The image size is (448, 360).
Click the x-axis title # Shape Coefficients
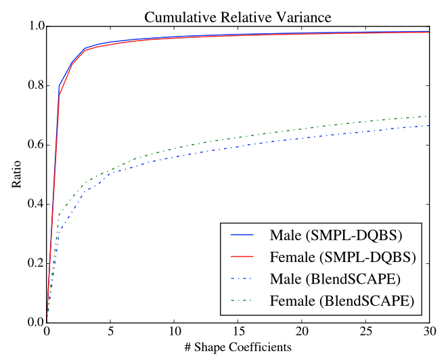pos(238,348)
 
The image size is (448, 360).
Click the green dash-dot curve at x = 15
pos(238,137)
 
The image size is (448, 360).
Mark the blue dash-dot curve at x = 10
pos(174,157)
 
